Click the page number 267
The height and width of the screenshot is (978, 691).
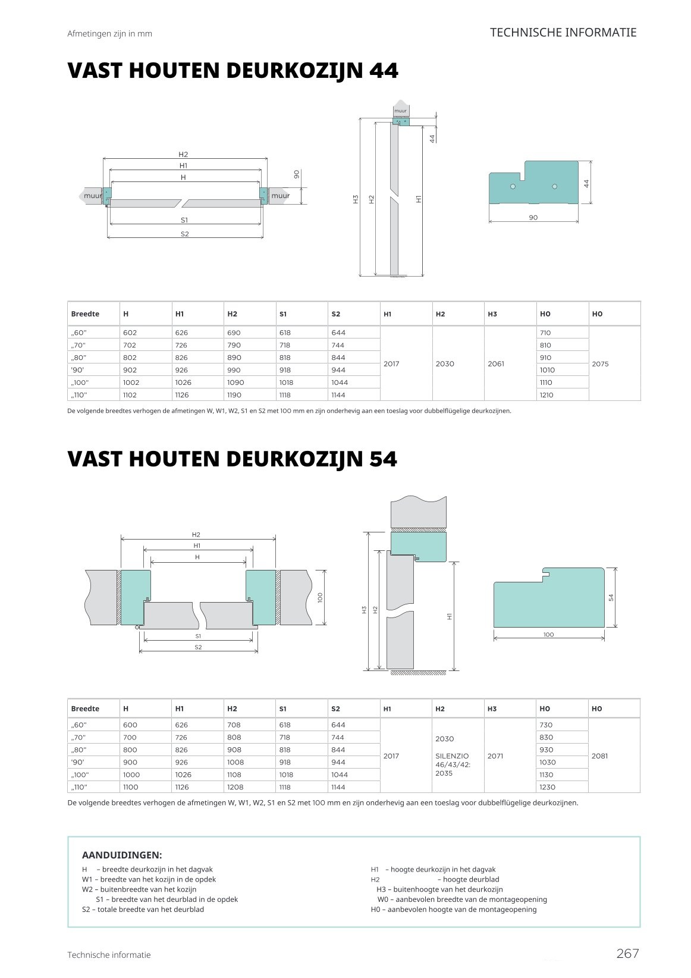[627, 954]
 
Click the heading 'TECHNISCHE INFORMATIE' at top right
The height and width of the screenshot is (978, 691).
[563, 33]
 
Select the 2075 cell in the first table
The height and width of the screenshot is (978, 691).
[600, 363]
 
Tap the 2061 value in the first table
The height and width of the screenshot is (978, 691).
[495, 363]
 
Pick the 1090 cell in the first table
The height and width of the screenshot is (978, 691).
[235, 383]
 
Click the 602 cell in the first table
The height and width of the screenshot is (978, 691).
[130, 333]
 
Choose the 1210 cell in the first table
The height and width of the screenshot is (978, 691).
[546, 395]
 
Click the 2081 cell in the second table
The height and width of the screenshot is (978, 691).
[600, 756]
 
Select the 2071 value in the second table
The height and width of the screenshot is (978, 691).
[495, 756]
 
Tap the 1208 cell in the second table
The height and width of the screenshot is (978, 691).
[235, 787]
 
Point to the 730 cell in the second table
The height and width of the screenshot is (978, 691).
[546, 725]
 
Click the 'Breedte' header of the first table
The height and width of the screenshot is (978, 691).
[85, 314]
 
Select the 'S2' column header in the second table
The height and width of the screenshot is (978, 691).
[335, 709]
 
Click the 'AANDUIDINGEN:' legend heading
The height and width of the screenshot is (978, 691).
[121, 855]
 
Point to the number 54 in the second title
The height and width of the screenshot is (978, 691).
[382, 459]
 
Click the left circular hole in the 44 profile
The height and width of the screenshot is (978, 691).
[513, 187]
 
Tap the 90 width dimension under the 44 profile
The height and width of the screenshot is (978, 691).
[533, 218]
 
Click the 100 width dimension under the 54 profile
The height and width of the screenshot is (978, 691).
[548, 635]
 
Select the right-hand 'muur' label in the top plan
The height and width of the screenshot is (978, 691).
[280, 196]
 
